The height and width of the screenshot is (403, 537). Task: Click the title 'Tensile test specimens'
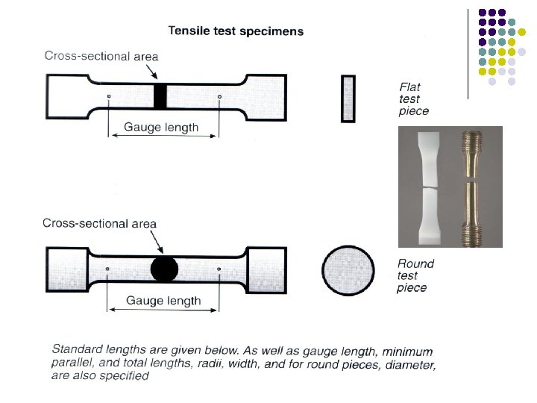point(236,31)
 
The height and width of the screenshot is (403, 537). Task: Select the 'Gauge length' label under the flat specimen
point(161,127)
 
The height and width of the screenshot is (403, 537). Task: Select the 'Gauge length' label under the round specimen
point(163,301)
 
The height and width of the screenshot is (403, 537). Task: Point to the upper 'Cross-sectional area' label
point(101,56)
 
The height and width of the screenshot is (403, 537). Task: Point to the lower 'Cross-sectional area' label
point(100,223)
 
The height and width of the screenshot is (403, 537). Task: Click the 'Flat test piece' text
point(414,99)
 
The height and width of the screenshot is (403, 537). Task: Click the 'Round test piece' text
point(415,275)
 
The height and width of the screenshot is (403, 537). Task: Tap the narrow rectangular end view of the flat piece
point(348,98)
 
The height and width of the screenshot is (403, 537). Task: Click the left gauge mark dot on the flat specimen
point(109,96)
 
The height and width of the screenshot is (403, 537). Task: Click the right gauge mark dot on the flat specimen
point(219,96)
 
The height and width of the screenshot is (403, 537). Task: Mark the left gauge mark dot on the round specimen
point(108,269)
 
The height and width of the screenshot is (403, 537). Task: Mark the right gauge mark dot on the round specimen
point(219,269)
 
